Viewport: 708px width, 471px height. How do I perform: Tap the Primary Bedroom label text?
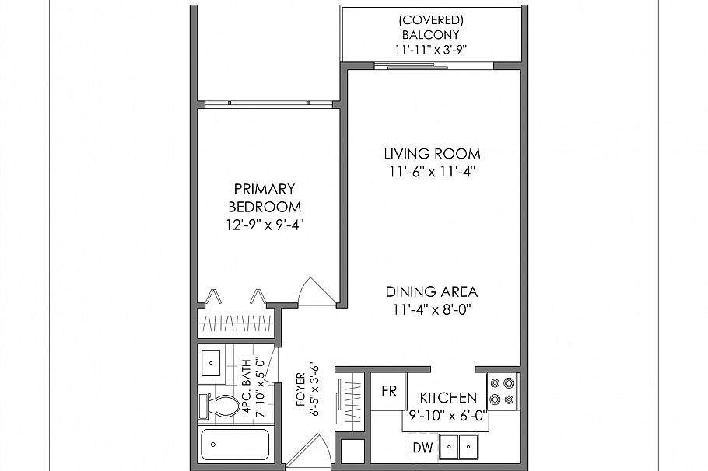(x=264, y=197)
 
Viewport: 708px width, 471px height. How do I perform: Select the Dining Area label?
(x=431, y=292)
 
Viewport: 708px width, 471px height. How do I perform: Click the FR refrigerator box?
(x=388, y=392)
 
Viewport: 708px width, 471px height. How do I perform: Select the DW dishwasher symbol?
(x=422, y=448)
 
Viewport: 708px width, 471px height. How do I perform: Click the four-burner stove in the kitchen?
(x=502, y=391)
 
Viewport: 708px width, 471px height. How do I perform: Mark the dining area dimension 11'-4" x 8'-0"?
(x=431, y=310)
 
